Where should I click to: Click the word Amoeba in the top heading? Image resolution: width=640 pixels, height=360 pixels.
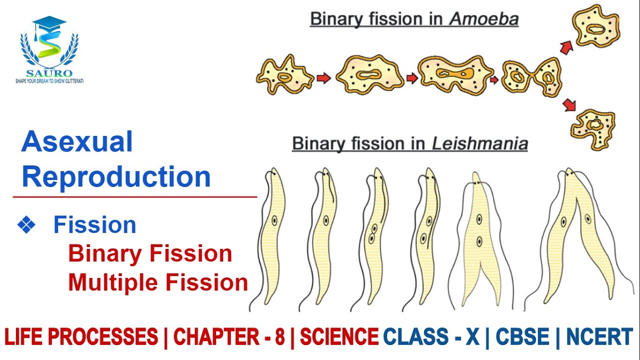click(x=483, y=19)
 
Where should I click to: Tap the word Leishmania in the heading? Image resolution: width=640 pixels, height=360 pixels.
click(x=479, y=144)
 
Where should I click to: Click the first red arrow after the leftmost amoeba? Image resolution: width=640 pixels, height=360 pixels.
click(x=324, y=78)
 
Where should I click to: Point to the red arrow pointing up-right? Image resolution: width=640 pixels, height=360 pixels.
click(x=566, y=47)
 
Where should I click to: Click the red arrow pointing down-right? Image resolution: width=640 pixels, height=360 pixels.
click(x=569, y=105)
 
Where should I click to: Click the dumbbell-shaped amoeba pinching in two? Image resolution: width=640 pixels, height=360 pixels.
click(x=531, y=77)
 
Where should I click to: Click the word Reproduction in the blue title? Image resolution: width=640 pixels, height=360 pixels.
click(x=116, y=177)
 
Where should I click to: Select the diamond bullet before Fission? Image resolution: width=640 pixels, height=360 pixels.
click(x=26, y=225)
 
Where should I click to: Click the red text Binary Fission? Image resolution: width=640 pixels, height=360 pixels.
click(x=150, y=254)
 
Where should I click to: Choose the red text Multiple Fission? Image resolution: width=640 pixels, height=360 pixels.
click(x=158, y=283)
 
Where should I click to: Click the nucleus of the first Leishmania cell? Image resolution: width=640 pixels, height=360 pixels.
click(x=274, y=220)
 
